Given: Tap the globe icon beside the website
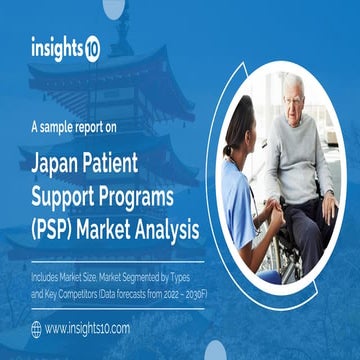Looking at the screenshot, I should click(36, 328).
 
